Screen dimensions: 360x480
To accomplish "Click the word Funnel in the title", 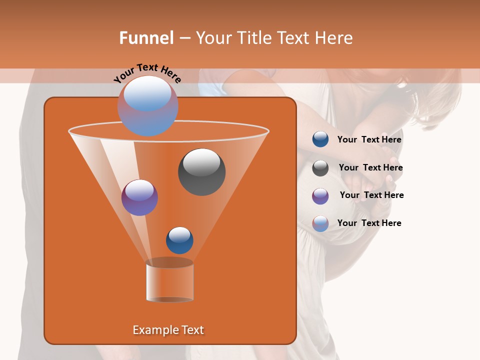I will point(146,38).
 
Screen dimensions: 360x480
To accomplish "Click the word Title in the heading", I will point(253,38).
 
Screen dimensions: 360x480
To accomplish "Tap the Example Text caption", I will point(168,330).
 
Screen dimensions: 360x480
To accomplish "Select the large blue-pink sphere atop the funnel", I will point(147,105).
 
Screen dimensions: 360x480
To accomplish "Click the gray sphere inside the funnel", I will point(201,171).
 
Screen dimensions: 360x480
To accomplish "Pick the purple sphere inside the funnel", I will point(139,197).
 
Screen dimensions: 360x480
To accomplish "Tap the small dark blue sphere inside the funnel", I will point(179,240).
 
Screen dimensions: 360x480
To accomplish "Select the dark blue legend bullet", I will point(320,139).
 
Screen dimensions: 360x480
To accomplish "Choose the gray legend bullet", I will point(320,168).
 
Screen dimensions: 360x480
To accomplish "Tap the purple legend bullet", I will point(320,195).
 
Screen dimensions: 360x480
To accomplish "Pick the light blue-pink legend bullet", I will point(320,223).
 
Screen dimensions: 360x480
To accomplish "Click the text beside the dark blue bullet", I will point(369,139).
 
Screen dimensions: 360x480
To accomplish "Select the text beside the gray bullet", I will point(370,167).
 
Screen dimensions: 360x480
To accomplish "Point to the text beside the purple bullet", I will point(371,195).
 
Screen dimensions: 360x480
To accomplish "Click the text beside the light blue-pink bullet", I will point(369,223).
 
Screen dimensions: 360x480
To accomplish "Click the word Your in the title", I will point(213,38).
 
